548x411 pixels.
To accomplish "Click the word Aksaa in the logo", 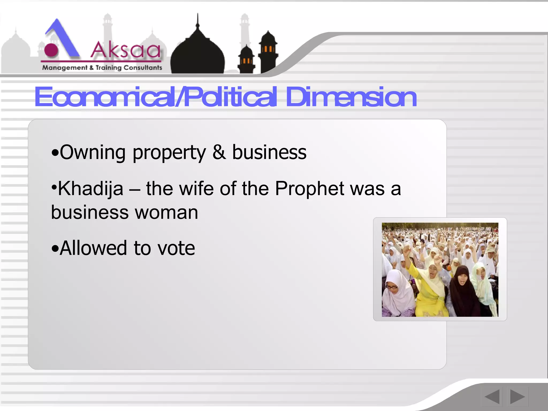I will (126, 50).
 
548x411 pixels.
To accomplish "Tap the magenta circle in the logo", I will (51, 50).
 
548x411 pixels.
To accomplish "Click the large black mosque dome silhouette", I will (197, 54).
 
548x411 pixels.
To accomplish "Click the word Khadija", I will (90, 189).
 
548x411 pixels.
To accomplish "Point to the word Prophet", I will (310, 188).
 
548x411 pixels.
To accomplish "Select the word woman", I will (166, 212).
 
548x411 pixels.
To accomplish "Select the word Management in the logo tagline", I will (65, 68).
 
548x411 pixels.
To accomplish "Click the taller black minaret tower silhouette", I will (268, 52).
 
